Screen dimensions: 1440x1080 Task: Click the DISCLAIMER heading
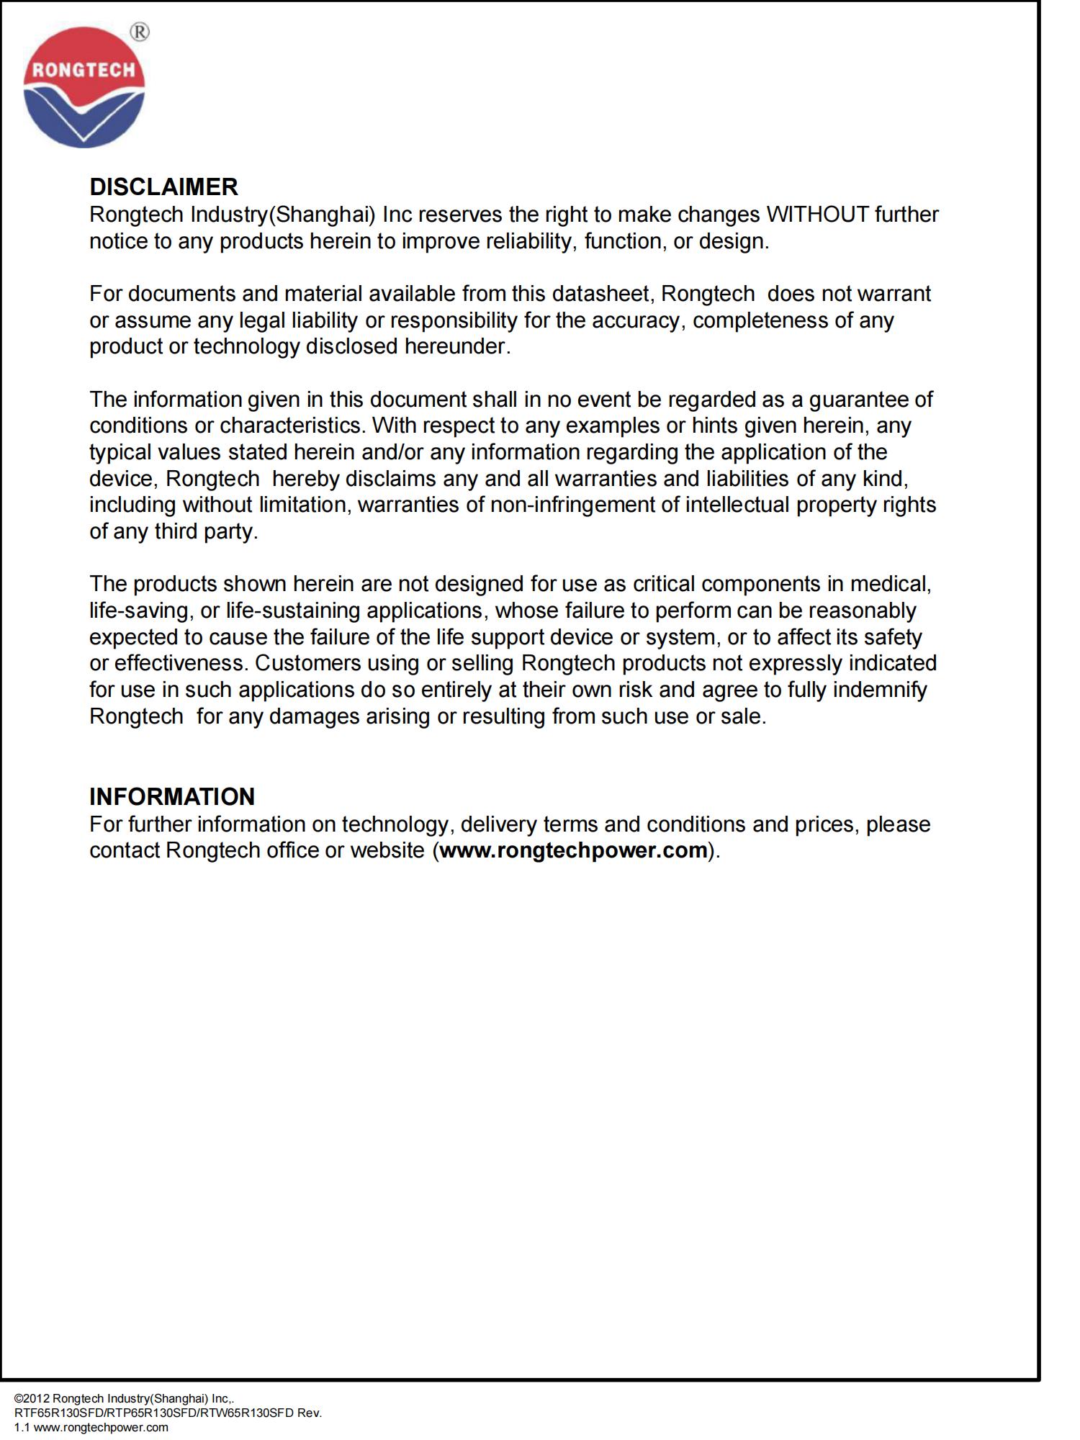[163, 187]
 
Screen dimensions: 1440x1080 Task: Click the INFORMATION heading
[172, 796]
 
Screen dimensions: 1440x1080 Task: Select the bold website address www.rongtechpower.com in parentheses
[573, 850]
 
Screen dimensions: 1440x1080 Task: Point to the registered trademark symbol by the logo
[140, 32]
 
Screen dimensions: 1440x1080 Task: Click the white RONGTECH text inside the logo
[84, 70]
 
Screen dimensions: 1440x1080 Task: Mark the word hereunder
[456, 347]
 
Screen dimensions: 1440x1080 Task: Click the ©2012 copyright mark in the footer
[32, 1398]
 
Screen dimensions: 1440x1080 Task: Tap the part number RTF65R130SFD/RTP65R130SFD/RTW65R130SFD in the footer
[153, 1413]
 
